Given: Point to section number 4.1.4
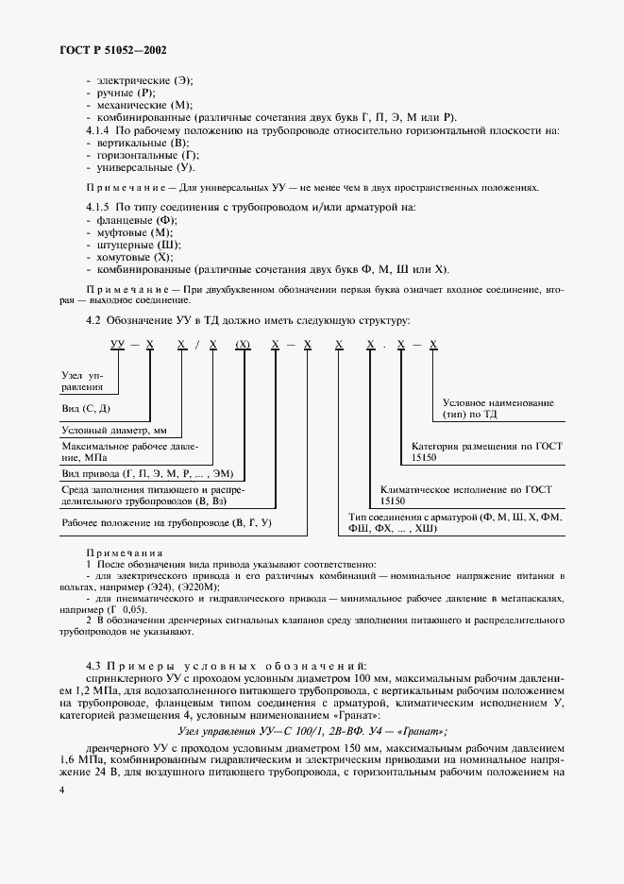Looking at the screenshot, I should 99,129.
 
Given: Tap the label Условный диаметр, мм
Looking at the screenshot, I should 113,430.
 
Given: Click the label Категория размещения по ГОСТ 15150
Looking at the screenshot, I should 487,450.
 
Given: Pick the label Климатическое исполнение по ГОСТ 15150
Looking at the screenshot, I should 465,495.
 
